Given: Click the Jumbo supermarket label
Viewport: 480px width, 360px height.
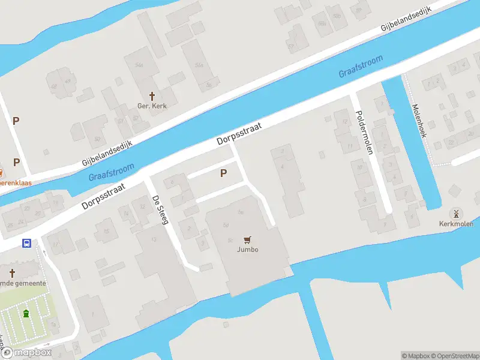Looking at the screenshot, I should (247, 250).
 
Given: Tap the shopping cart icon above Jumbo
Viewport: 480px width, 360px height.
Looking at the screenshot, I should (247, 239).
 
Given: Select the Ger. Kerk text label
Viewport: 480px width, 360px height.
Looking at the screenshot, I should (152, 106).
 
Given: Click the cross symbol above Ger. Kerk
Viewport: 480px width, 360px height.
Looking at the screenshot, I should (152, 96).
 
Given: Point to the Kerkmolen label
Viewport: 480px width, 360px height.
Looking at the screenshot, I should (456, 224).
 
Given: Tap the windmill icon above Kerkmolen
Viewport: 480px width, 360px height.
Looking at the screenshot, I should (455, 213).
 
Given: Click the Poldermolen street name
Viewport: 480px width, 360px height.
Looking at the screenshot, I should (364, 132).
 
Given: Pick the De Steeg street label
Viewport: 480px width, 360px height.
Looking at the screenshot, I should (159, 209).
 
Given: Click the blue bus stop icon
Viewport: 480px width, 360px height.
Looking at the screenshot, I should (27, 243).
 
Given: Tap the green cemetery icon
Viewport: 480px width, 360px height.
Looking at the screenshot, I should (26, 313).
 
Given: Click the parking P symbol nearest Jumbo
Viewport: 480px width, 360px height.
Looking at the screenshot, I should (223, 173).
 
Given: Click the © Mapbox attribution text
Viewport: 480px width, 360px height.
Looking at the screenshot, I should (416, 356).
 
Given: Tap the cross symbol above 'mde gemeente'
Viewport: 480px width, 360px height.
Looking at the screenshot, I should (11, 273).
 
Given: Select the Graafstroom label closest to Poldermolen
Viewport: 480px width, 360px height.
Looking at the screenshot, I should (361, 67).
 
